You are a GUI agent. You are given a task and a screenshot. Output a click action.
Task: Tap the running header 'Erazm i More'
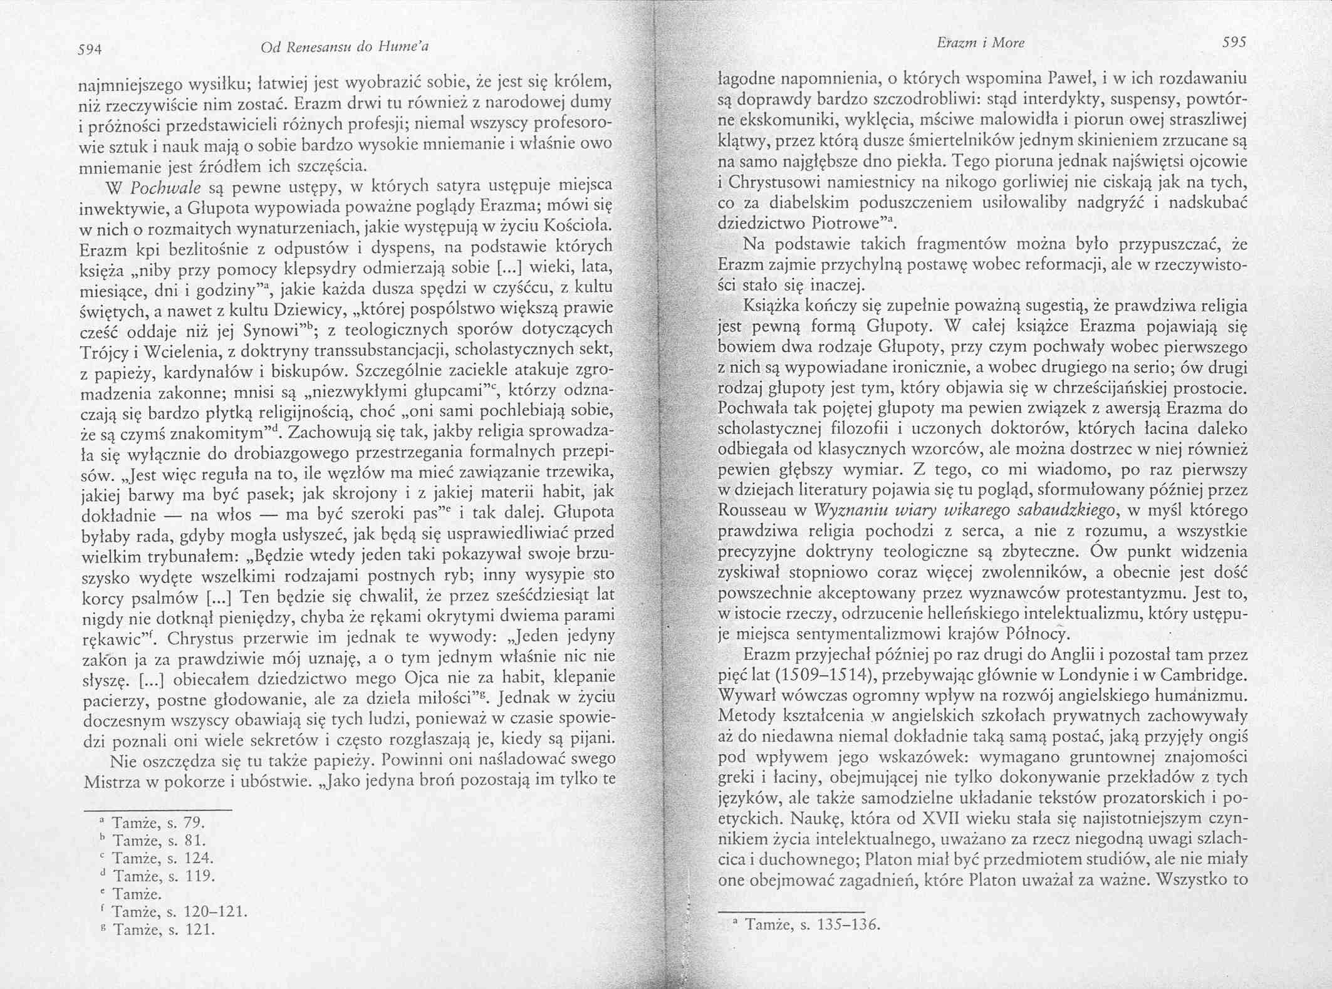981,43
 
